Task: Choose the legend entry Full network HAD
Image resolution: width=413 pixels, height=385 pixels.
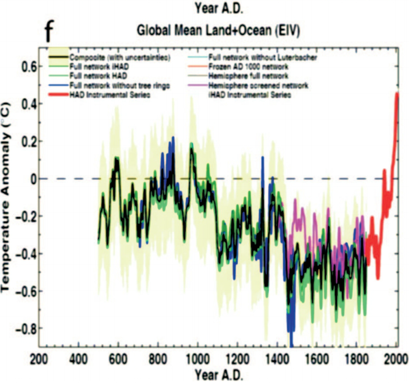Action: click(96, 76)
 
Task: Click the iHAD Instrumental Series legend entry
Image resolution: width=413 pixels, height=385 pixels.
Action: click(251, 95)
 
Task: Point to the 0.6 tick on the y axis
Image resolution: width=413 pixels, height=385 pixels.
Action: click(25, 66)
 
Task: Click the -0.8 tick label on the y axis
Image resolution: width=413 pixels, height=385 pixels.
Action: click(23, 328)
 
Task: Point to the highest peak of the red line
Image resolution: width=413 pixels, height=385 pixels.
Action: click(396, 94)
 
